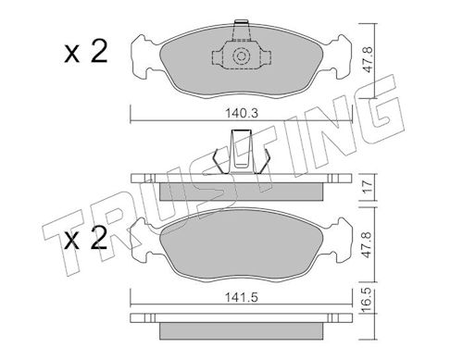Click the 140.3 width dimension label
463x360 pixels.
241,114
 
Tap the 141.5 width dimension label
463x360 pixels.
241,298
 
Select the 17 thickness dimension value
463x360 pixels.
368,186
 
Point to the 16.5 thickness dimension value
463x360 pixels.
368,297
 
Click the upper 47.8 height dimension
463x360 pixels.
368,60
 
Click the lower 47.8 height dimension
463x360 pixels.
368,244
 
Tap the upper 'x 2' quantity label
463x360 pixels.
86,53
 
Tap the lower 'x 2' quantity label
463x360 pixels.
86,238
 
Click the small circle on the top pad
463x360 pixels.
241,56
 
